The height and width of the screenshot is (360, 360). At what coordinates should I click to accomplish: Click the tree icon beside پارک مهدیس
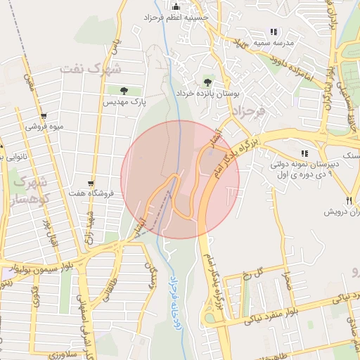[124, 90]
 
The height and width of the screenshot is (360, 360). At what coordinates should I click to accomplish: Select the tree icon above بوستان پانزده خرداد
[207, 81]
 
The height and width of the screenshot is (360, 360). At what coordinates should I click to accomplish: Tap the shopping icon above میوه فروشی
[44, 116]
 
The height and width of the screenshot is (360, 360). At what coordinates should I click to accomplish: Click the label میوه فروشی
[44, 127]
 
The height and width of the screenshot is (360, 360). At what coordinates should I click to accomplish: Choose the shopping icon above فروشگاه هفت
[90, 181]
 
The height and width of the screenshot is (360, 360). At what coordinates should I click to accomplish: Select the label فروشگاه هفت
[86, 192]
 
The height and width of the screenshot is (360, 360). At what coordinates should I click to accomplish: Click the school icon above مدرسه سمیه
[274, 32]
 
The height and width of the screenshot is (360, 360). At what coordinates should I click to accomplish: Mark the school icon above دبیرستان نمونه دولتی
[304, 153]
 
